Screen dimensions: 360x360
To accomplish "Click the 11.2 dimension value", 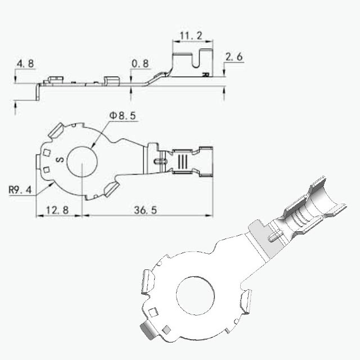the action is pyautogui.click(x=191, y=36).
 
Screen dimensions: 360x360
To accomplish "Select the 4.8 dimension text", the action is pyautogui.click(x=25, y=64).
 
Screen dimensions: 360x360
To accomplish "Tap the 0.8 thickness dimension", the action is pyautogui.click(x=140, y=64).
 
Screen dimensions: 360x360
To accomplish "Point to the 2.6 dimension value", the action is pyautogui.click(x=234, y=57).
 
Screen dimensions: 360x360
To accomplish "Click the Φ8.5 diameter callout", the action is pyautogui.click(x=123, y=116).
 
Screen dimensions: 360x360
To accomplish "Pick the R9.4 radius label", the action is pyautogui.click(x=20, y=190).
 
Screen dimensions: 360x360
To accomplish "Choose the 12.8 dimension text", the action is pyautogui.click(x=57, y=210).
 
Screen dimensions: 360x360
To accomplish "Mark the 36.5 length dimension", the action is pyautogui.click(x=146, y=210).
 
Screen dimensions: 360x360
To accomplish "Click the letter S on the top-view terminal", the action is pyautogui.click(x=60, y=159).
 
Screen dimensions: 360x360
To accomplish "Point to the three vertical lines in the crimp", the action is pyautogui.click(x=183, y=161).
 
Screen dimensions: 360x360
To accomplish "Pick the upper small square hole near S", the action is pyautogui.click(x=47, y=152).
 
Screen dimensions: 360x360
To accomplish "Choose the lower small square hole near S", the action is pyautogui.click(x=47, y=170).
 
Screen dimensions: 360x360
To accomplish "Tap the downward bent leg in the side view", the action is pyautogui.click(x=38, y=92).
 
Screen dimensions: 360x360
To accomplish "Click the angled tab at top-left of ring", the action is pyautogui.click(x=56, y=130).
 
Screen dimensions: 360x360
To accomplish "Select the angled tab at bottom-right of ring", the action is pyautogui.click(x=111, y=190).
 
